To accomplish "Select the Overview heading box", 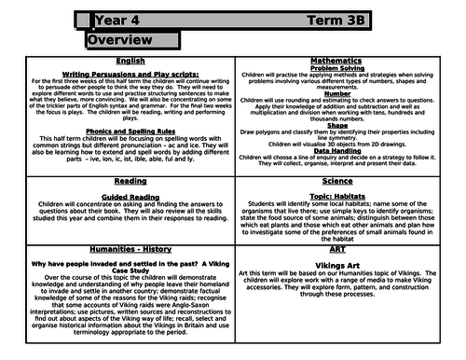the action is click(118, 42).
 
